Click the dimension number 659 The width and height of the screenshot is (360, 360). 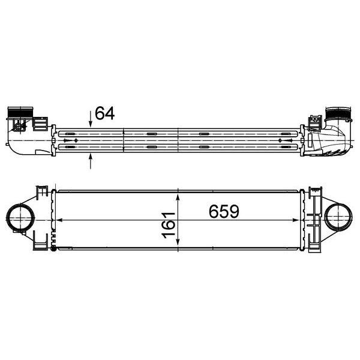[224, 212]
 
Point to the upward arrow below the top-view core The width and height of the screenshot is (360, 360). [91, 161]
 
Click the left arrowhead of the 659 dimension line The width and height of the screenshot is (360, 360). [58, 220]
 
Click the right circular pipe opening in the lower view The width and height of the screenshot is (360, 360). [338, 219]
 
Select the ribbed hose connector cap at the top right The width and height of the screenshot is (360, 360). [337, 113]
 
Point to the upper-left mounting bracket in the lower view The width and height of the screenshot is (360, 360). [41, 193]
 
